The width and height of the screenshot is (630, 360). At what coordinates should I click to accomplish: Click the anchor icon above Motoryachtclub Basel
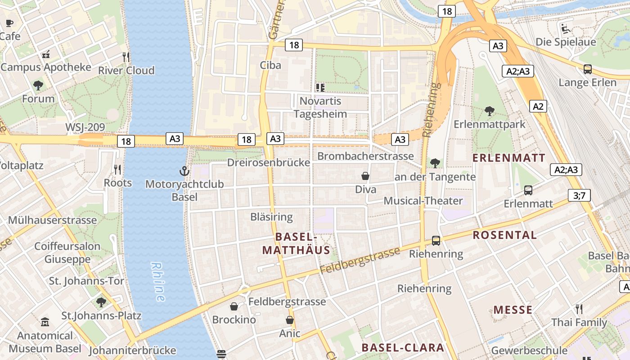tap(184, 171)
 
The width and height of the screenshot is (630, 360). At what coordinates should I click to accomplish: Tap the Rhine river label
tap(157, 282)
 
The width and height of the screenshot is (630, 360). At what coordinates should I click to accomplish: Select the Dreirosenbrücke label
tap(269, 162)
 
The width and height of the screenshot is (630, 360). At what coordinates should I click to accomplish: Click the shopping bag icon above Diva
tap(365, 176)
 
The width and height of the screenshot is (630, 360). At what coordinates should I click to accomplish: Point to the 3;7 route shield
tap(579, 195)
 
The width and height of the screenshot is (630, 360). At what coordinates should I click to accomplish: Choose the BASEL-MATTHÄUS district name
tap(296, 243)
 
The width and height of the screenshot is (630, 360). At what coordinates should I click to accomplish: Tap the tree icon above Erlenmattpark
tap(489, 111)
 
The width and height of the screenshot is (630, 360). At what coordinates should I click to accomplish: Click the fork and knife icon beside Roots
tap(117, 170)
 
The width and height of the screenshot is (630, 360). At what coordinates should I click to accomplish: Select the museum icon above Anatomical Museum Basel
tap(45, 322)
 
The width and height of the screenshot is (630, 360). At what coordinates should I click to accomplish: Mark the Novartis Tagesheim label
tap(320, 107)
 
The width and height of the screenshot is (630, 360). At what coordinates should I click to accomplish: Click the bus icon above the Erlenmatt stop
tap(528, 190)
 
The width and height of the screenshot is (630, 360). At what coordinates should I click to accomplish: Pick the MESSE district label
tap(513, 310)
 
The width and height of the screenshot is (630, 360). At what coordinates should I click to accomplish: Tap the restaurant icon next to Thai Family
tap(579, 309)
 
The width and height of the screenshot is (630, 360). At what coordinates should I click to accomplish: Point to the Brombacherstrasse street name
tap(365, 156)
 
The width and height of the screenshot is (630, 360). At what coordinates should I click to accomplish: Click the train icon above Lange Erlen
tap(587, 69)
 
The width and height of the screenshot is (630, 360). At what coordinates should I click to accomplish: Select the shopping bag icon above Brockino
tap(234, 307)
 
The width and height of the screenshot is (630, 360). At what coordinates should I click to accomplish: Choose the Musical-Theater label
tap(423, 201)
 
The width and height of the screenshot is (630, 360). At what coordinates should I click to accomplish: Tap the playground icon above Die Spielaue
tap(566, 29)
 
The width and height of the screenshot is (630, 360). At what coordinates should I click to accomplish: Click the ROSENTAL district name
tap(504, 235)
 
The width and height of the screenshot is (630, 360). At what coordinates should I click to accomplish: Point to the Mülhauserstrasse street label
tap(52, 220)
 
